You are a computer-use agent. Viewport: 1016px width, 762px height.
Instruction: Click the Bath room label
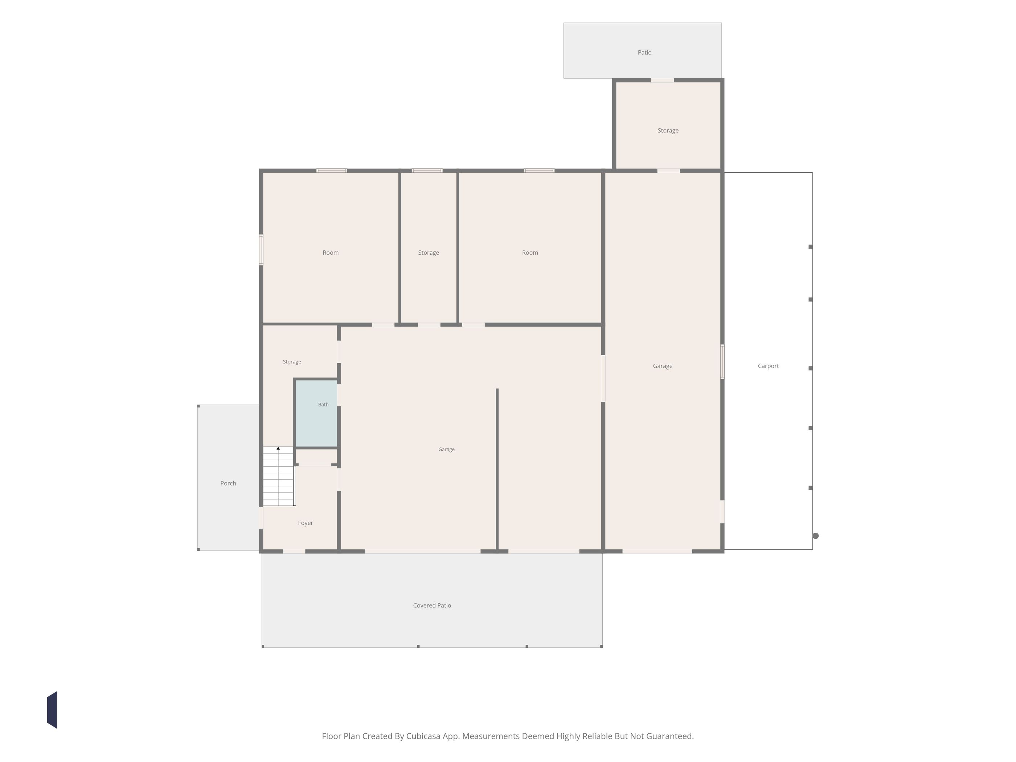pyautogui.click(x=323, y=405)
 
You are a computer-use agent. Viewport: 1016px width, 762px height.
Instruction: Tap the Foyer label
pyautogui.click(x=306, y=523)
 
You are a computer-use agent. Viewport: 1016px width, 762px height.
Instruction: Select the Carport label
pyautogui.click(x=768, y=366)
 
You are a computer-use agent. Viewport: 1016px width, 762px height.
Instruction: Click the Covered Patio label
pyautogui.click(x=432, y=605)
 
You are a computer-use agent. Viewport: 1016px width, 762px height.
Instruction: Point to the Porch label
pyautogui.click(x=228, y=483)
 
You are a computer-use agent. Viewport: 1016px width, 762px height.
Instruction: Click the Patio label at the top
pyautogui.click(x=644, y=52)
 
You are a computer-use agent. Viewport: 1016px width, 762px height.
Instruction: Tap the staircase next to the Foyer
pyautogui.click(x=279, y=476)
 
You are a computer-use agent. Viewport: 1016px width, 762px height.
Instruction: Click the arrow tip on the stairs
pyautogui.click(x=278, y=447)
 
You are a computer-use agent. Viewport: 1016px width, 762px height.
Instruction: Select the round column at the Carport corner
pyautogui.click(x=816, y=536)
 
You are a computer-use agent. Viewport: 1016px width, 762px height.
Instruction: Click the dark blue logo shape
pyautogui.click(x=52, y=710)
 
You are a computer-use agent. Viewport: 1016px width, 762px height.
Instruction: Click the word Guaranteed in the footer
pyautogui.click(x=670, y=736)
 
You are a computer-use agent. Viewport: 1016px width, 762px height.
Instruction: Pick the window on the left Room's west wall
pyautogui.click(x=261, y=250)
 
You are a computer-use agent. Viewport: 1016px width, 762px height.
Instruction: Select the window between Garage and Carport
pyautogui.click(x=722, y=362)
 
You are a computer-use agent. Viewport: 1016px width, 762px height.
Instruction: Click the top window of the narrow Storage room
pyautogui.click(x=427, y=171)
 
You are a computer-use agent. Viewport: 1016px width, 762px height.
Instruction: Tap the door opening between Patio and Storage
pyautogui.click(x=662, y=81)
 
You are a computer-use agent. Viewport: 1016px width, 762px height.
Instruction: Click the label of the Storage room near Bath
pyautogui.click(x=292, y=362)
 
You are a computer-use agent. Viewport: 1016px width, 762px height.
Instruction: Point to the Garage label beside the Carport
pyautogui.click(x=662, y=366)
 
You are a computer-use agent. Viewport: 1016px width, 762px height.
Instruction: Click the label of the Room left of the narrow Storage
pyautogui.click(x=331, y=253)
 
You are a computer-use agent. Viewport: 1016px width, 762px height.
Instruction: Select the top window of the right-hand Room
pyautogui.click(x=539, y=171)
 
